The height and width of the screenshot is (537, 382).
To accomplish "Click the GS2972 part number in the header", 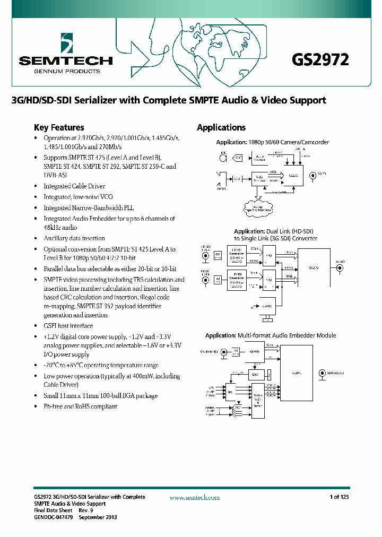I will coord(320,59).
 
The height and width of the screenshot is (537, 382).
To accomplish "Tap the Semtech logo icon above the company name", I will coord(66,42).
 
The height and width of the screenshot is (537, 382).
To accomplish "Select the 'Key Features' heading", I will coord(59,127).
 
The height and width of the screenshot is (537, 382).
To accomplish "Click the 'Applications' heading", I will coord(221,127).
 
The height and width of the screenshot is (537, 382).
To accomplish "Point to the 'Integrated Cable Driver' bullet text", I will coord(74,186).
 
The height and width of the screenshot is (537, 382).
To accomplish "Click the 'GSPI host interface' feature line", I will coord(68,326).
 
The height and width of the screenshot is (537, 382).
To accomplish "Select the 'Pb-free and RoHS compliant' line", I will coord(80,406).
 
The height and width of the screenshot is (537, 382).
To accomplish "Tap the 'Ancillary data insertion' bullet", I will coord(74,239).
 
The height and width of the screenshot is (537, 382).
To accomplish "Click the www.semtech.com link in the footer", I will coord(194,497).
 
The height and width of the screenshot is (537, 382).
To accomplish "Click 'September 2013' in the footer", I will coord(98,517).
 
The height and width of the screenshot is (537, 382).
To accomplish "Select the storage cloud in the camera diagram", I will coord(258,207).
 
